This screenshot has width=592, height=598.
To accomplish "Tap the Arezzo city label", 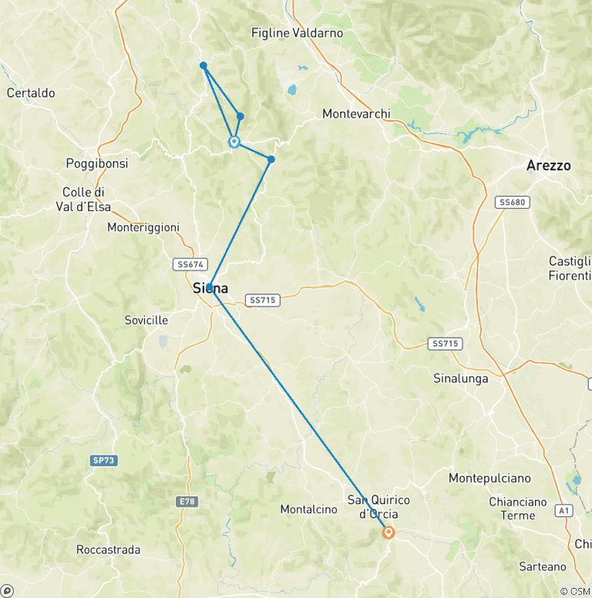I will click(x=548, y=166).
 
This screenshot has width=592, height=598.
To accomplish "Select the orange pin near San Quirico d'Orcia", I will click(x=388, y=532).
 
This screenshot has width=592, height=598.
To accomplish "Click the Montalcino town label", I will click(x=308, y=509).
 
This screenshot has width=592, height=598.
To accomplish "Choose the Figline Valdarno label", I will click(x=297, y=33).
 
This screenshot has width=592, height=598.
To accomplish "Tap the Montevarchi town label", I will click(x=356, y=114).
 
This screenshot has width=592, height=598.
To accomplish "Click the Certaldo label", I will click(x=31, y=93).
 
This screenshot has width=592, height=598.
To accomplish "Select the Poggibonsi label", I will click(x=97, y=164).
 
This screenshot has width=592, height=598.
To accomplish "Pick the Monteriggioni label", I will click(x=143, y=227).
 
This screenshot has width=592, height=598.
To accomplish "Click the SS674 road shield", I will click(x=190, y=264).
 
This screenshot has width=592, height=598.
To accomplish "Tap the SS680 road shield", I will click(x=512, y=202).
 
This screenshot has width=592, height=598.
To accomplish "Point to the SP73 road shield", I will click(x=103, y=460).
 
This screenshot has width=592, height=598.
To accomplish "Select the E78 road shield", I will click(x=187, y=502).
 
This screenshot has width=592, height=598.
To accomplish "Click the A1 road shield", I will click(x=563, y=510).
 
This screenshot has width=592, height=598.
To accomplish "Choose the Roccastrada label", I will click(x=109, y=549).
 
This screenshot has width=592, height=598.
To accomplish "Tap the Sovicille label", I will click(x=146, y=320).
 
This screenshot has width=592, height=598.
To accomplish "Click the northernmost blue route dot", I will click(x=203, y=66).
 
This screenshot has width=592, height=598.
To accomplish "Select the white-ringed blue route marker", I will click(x=234, y=142).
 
